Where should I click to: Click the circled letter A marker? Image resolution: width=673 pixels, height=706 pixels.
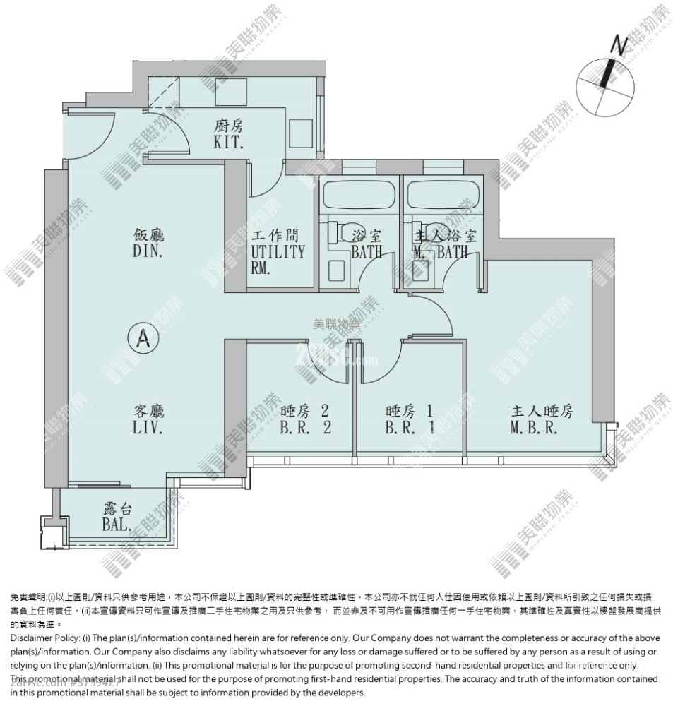[142, 338]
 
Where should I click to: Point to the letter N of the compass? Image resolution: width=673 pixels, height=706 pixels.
[619, 47]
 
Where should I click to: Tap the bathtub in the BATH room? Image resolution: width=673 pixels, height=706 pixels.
[357, 193]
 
